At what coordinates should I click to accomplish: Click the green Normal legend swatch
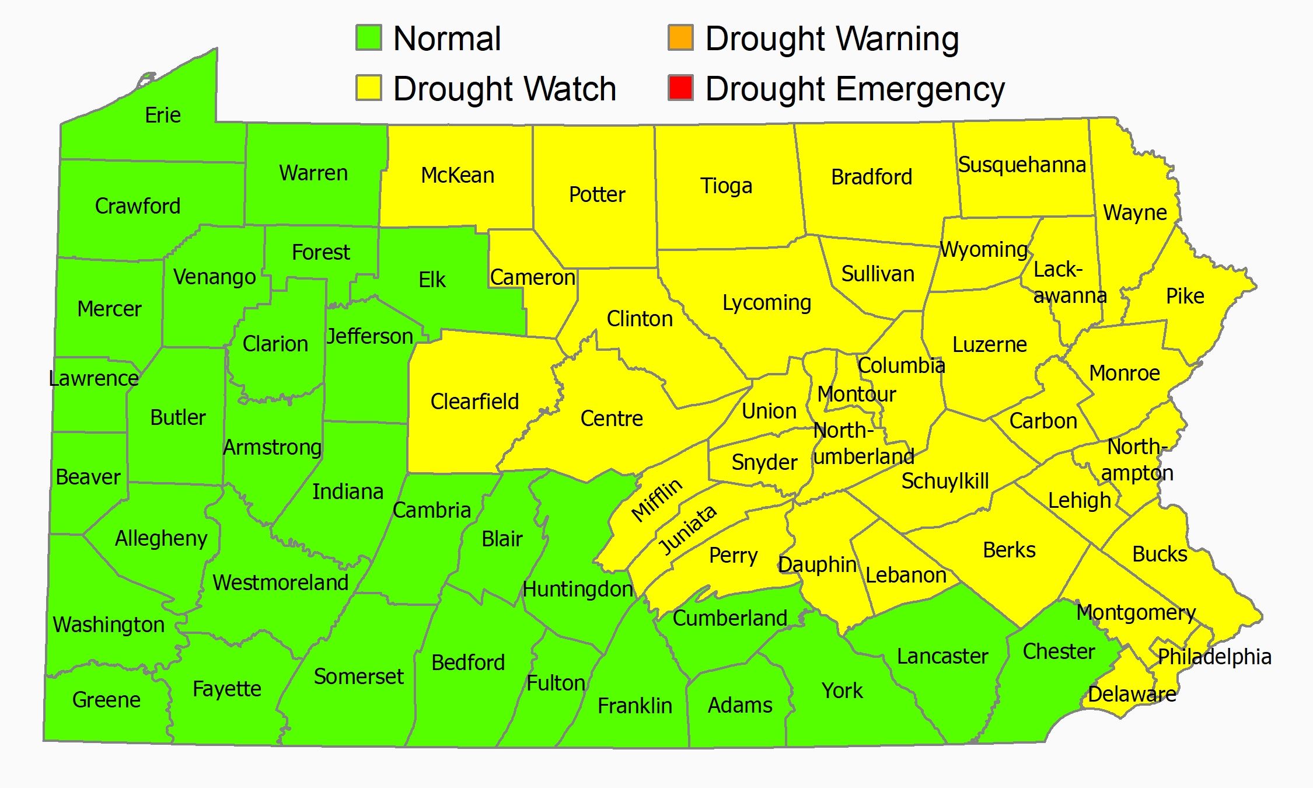[369, 38]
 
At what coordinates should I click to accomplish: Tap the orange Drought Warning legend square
[680, 38]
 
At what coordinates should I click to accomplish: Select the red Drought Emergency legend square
[680, 88]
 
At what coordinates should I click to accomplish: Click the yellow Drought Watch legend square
[369, 88]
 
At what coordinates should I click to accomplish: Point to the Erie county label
[163, 115]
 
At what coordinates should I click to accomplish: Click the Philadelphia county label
[1214, 657]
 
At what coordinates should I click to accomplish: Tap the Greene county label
[106, 699]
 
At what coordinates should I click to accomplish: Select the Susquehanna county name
[1022, 165]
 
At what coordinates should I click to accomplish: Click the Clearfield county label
[474, 402]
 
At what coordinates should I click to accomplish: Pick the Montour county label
[856, 394]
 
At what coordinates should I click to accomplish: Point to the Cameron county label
[532, 277]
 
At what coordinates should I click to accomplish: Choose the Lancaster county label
[942, 656]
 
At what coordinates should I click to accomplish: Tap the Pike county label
[1185, 296]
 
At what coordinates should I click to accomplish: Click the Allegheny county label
[161, 538]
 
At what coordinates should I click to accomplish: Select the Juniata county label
[687, 530]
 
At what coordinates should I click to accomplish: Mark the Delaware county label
[1132, 694]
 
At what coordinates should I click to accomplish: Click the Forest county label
[320, 252]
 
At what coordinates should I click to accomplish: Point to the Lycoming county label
[766, 303]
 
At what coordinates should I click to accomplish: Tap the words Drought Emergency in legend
[855, 89]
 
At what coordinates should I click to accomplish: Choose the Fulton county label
[556, 683]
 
